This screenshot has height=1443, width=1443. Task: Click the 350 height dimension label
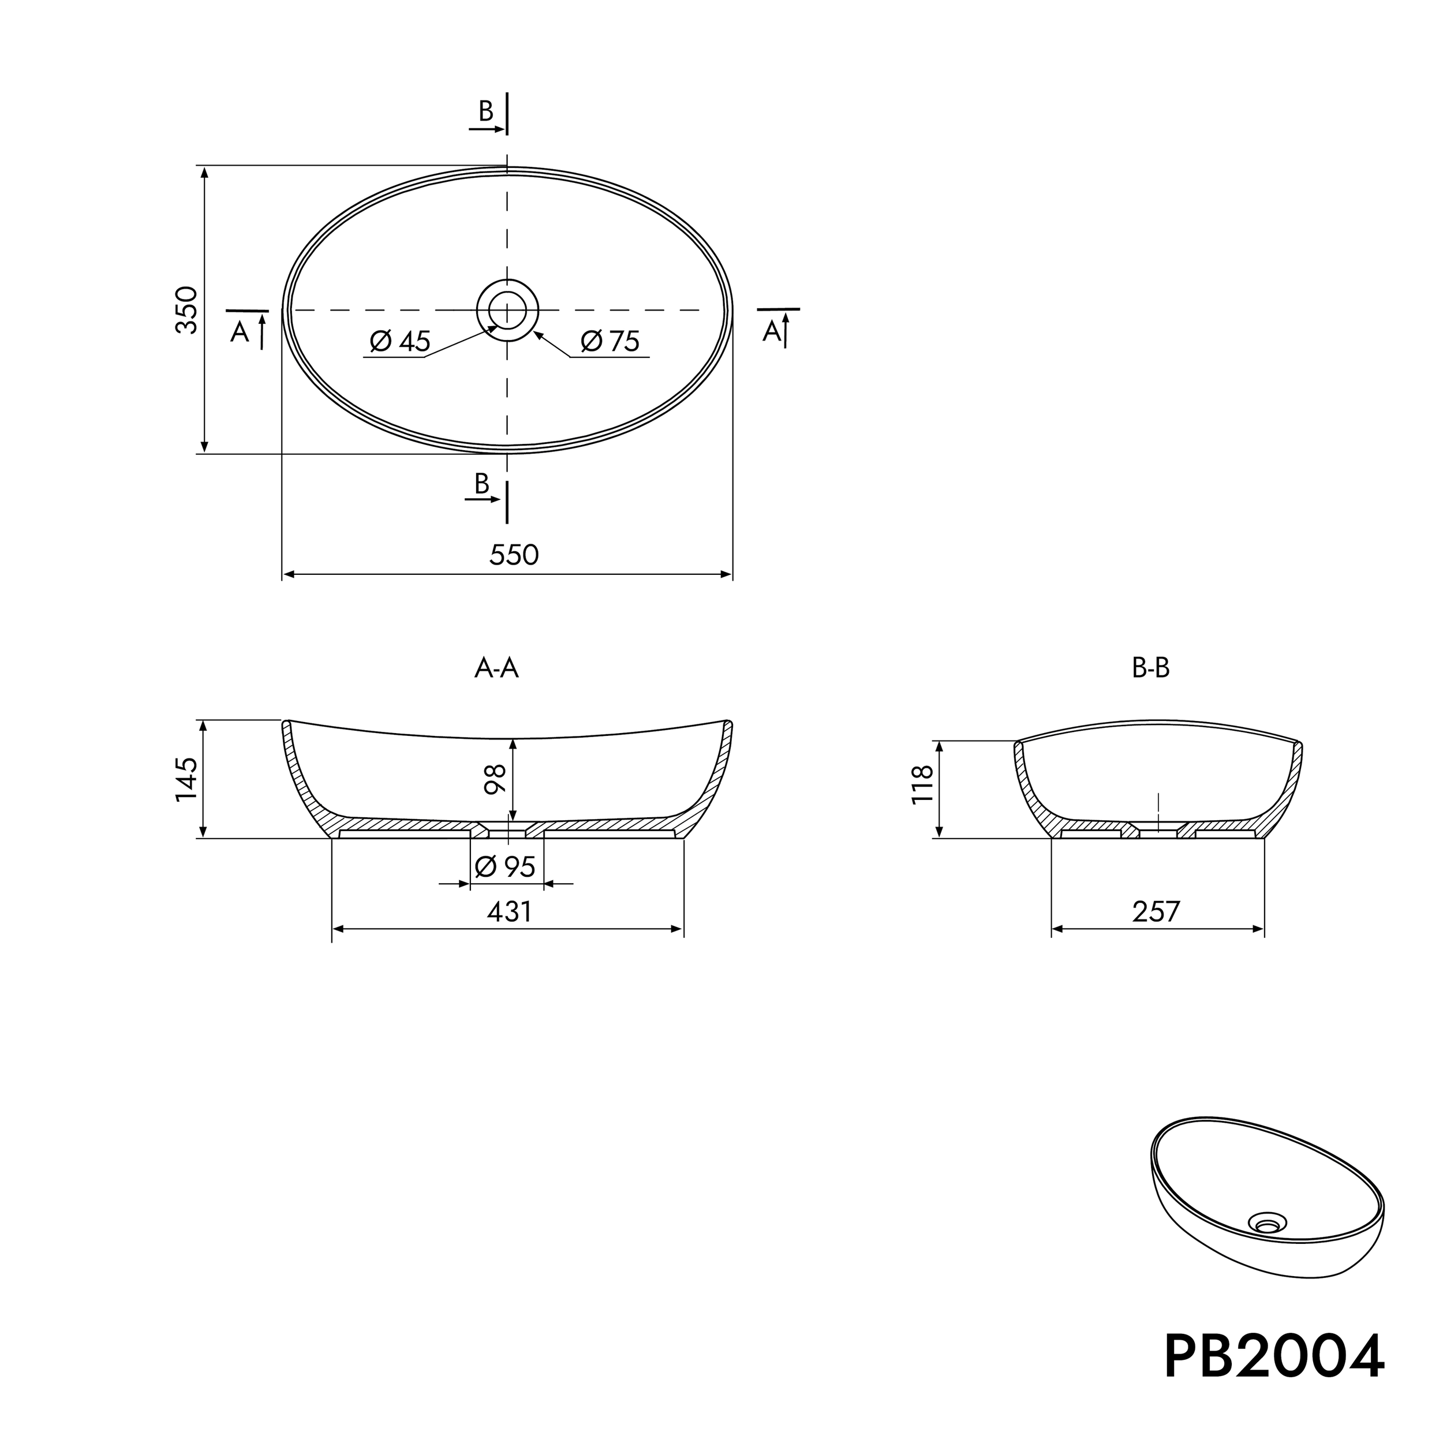coord(186,310)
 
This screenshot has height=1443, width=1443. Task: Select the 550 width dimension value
coord(514,555)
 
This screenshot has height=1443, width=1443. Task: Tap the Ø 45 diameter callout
coord(401,341)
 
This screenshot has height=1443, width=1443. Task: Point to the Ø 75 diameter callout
coord(610,341)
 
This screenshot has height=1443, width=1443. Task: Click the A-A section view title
coord(497,668)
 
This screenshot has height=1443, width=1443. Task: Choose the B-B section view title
coord(1151,668)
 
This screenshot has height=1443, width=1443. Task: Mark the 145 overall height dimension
coord(186,779)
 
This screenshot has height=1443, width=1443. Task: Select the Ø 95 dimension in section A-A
coord(506,866)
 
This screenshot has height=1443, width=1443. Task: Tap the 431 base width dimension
coord(510,911)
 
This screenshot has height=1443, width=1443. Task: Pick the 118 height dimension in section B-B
coord(922,784)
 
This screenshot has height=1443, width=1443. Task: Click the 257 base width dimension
coord(1156,911)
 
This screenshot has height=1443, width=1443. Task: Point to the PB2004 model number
coord(1274,1357)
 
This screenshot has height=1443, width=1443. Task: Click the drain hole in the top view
coord(507,309)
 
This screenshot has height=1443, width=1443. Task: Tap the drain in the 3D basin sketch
coord(1268,1224)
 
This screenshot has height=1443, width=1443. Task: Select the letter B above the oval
coord(486,111)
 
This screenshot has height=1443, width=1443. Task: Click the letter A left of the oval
coord(239,332)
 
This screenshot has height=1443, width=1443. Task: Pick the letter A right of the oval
coord(772,331)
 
